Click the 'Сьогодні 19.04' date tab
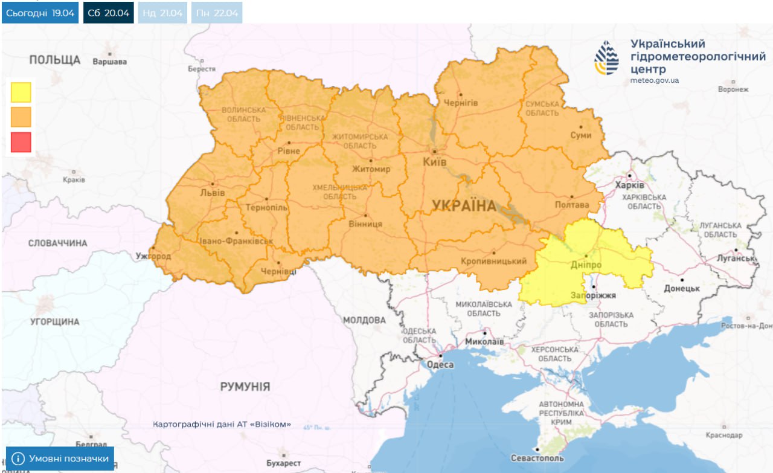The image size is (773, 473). click(x=40, y=13)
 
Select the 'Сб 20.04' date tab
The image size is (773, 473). click(x=109, y=13)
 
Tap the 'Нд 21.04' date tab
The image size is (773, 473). click(x=162, y=13)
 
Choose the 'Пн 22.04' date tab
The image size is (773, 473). click(x=217, y=13)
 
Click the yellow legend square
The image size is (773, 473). click(x=21, y=92)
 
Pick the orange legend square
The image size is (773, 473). click(x=21, y=117)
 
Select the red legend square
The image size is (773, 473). click(x=21, y=142)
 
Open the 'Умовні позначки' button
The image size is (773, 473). click(x=60, y=459)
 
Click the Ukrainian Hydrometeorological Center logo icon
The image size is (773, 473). click(x=606, y=58)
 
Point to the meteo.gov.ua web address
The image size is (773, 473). click(x=655, y=80)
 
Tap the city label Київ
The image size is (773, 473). click(x=435, y=162)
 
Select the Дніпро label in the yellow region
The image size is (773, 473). click(x=585, y=265)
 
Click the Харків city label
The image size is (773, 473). click(x=629, y=184)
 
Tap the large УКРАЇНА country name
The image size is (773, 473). click(x=464, y=206)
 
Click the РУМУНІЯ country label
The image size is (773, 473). click(x=245, y=387)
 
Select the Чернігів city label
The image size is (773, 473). click(x=460, y=103)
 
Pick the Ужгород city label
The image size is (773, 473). click(x=153, y=256)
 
